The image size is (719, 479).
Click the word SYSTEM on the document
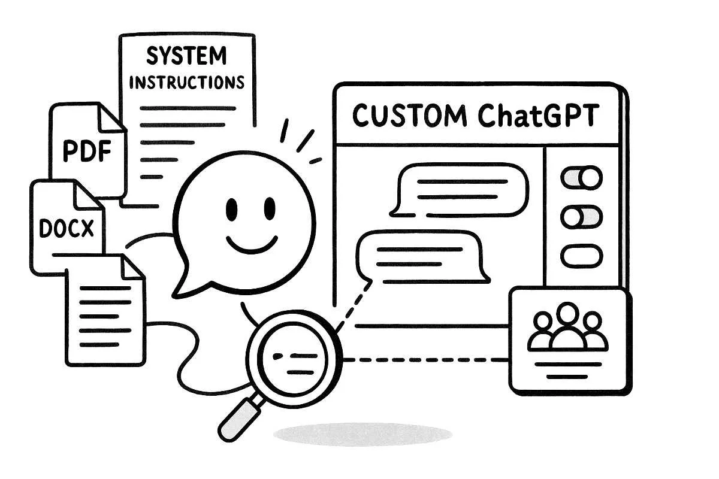186,56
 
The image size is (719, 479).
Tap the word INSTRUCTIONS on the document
186,82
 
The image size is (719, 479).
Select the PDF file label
87,152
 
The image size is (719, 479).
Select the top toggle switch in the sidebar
581,178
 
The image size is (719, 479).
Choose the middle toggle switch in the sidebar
581,217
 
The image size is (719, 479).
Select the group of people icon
566,329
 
